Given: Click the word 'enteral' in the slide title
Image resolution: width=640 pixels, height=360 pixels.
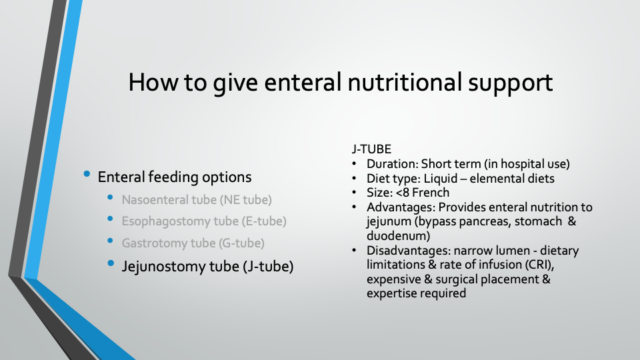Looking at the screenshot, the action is [303, 82].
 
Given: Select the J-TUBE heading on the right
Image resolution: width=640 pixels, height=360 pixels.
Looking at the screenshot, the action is [371, 149].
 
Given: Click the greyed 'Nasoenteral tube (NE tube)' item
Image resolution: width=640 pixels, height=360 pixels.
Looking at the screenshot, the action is [197, 199].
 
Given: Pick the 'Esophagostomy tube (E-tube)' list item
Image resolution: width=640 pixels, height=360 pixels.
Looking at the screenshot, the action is [204, 221].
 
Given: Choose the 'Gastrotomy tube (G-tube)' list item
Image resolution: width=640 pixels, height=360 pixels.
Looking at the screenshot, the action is [193, 243].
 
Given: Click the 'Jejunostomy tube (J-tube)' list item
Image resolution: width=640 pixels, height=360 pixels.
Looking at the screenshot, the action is [207, 266].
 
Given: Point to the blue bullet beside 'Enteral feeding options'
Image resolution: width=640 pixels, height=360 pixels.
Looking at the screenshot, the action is [87, 174].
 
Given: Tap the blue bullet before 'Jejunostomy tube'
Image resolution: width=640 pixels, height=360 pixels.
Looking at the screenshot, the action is [111, 263].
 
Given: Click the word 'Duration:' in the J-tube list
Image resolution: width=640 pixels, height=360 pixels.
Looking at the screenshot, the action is [392, 164].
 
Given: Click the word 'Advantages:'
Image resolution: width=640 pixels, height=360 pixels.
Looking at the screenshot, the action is [401, 207].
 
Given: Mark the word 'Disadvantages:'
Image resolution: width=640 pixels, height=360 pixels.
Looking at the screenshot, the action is [408, 250].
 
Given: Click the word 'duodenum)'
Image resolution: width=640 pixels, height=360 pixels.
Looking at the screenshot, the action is [399, 236].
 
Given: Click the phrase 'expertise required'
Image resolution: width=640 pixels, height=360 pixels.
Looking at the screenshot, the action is [416, 293].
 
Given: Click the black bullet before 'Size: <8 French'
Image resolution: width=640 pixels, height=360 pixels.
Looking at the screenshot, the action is [354, 193].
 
